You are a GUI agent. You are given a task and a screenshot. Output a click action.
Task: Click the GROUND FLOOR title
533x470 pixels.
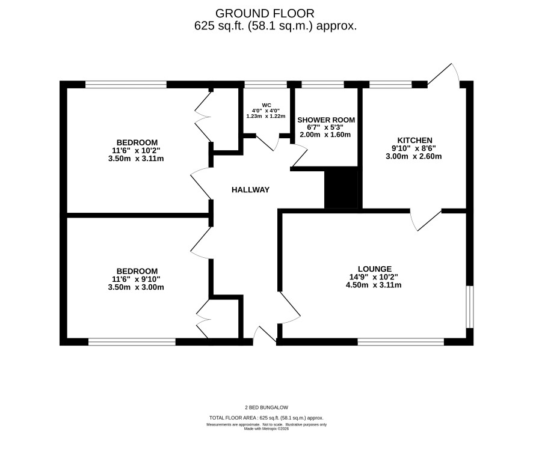pyautogui.click(x=265, y=14)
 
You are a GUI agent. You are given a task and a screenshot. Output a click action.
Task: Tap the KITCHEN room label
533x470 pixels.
pyautogui.click(x=414, y=140)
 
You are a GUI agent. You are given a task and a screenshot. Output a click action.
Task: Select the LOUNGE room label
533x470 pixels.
pyautogui.click(x=375, y=269)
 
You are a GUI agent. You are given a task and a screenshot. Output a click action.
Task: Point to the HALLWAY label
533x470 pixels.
pyautogui.click(x=250, y=190)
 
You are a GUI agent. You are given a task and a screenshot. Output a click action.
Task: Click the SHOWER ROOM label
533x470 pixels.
pyautogui.click(x=326, y=120)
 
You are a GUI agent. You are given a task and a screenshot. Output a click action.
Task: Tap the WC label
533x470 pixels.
pyautogui.click(x=266, y=105)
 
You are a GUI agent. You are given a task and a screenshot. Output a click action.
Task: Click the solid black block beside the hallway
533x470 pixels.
pyautogui.click(x=341, y=189)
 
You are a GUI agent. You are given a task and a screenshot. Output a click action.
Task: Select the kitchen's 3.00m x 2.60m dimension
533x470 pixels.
pyautogui.click(x=414, y=156)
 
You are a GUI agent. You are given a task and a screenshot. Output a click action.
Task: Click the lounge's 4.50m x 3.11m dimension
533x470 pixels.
pyautogui.click(x=374, y=285)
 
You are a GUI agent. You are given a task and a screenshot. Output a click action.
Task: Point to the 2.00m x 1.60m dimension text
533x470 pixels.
pyautogui.click(x=325, y=135)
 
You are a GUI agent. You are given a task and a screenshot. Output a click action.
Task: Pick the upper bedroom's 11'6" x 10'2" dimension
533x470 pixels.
pyautogui.click(x=136, y=150)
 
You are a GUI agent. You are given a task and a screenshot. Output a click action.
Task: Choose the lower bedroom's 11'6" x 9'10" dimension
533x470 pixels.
pyautogui.click(x=136, y=279)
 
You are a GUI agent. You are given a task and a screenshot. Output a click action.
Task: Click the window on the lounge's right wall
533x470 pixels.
pyautogui.click(x=469, y=307)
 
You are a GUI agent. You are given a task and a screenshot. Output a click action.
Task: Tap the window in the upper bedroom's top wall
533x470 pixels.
pyautogui.click(x=126, y=85)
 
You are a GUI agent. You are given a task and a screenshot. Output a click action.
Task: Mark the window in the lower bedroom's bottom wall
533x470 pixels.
pyautogui.click(x=132, y=342)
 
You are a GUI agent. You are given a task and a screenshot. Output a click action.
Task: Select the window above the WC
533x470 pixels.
pyautogui.click(x=265, y=85)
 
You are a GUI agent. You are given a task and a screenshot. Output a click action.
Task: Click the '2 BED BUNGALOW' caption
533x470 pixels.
pyautogui.click(x=266, y=407)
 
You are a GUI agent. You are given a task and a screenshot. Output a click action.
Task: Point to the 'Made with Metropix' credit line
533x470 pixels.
pyautogui.click(x=266, y=429)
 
